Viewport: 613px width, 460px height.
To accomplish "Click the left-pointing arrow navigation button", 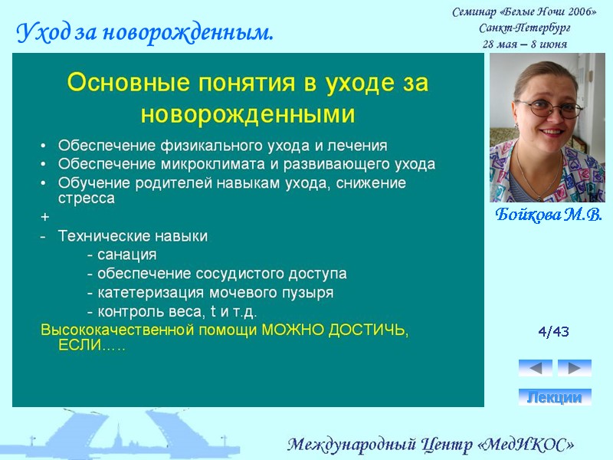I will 535,368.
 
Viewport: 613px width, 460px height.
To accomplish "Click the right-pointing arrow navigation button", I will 574,368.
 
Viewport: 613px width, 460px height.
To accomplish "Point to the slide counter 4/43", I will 553,332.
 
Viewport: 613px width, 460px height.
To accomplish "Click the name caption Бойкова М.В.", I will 548,214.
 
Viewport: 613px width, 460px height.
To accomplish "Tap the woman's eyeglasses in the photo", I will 549,108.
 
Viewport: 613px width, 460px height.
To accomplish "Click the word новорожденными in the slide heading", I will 247,115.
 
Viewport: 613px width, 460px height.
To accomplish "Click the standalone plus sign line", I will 44,218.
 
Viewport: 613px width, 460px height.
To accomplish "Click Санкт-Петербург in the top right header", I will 524,28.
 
